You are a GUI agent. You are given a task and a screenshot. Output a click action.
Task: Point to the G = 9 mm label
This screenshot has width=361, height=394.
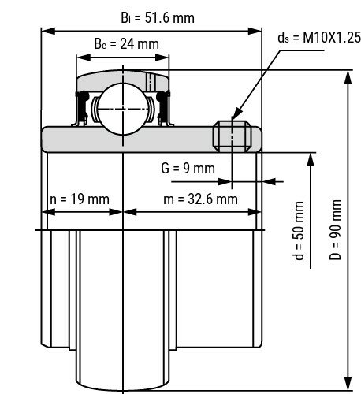[187, 168]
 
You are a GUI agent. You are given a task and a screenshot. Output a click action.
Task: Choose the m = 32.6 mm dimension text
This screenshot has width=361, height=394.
[200, 199]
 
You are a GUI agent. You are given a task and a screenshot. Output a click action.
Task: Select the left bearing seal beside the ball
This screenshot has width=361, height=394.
[82, 108]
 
